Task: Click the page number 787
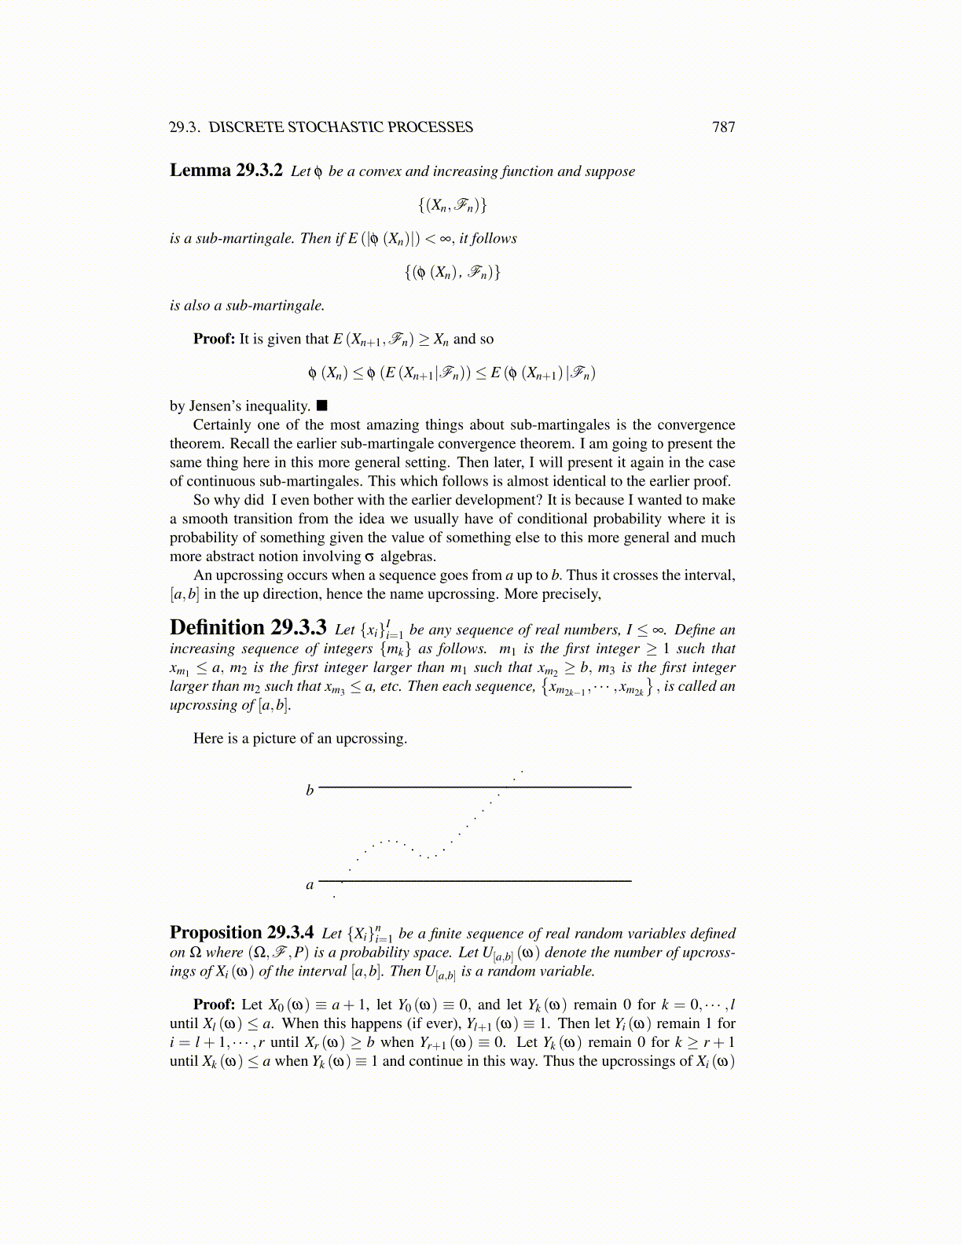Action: tap(723, 127)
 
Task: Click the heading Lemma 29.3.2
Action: tap(226, 171)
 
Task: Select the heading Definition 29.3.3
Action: tap(248, 628)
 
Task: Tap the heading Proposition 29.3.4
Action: tap(241, 932)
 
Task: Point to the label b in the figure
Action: tap(310, 790)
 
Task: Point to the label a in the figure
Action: tap(310, 885)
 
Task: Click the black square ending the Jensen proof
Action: tap(321, 406)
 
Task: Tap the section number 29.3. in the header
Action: tap(185, 127)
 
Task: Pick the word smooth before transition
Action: tap(204, 519)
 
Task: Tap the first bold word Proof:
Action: tap(214, 340)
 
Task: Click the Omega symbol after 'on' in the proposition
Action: tap(195, 953)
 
